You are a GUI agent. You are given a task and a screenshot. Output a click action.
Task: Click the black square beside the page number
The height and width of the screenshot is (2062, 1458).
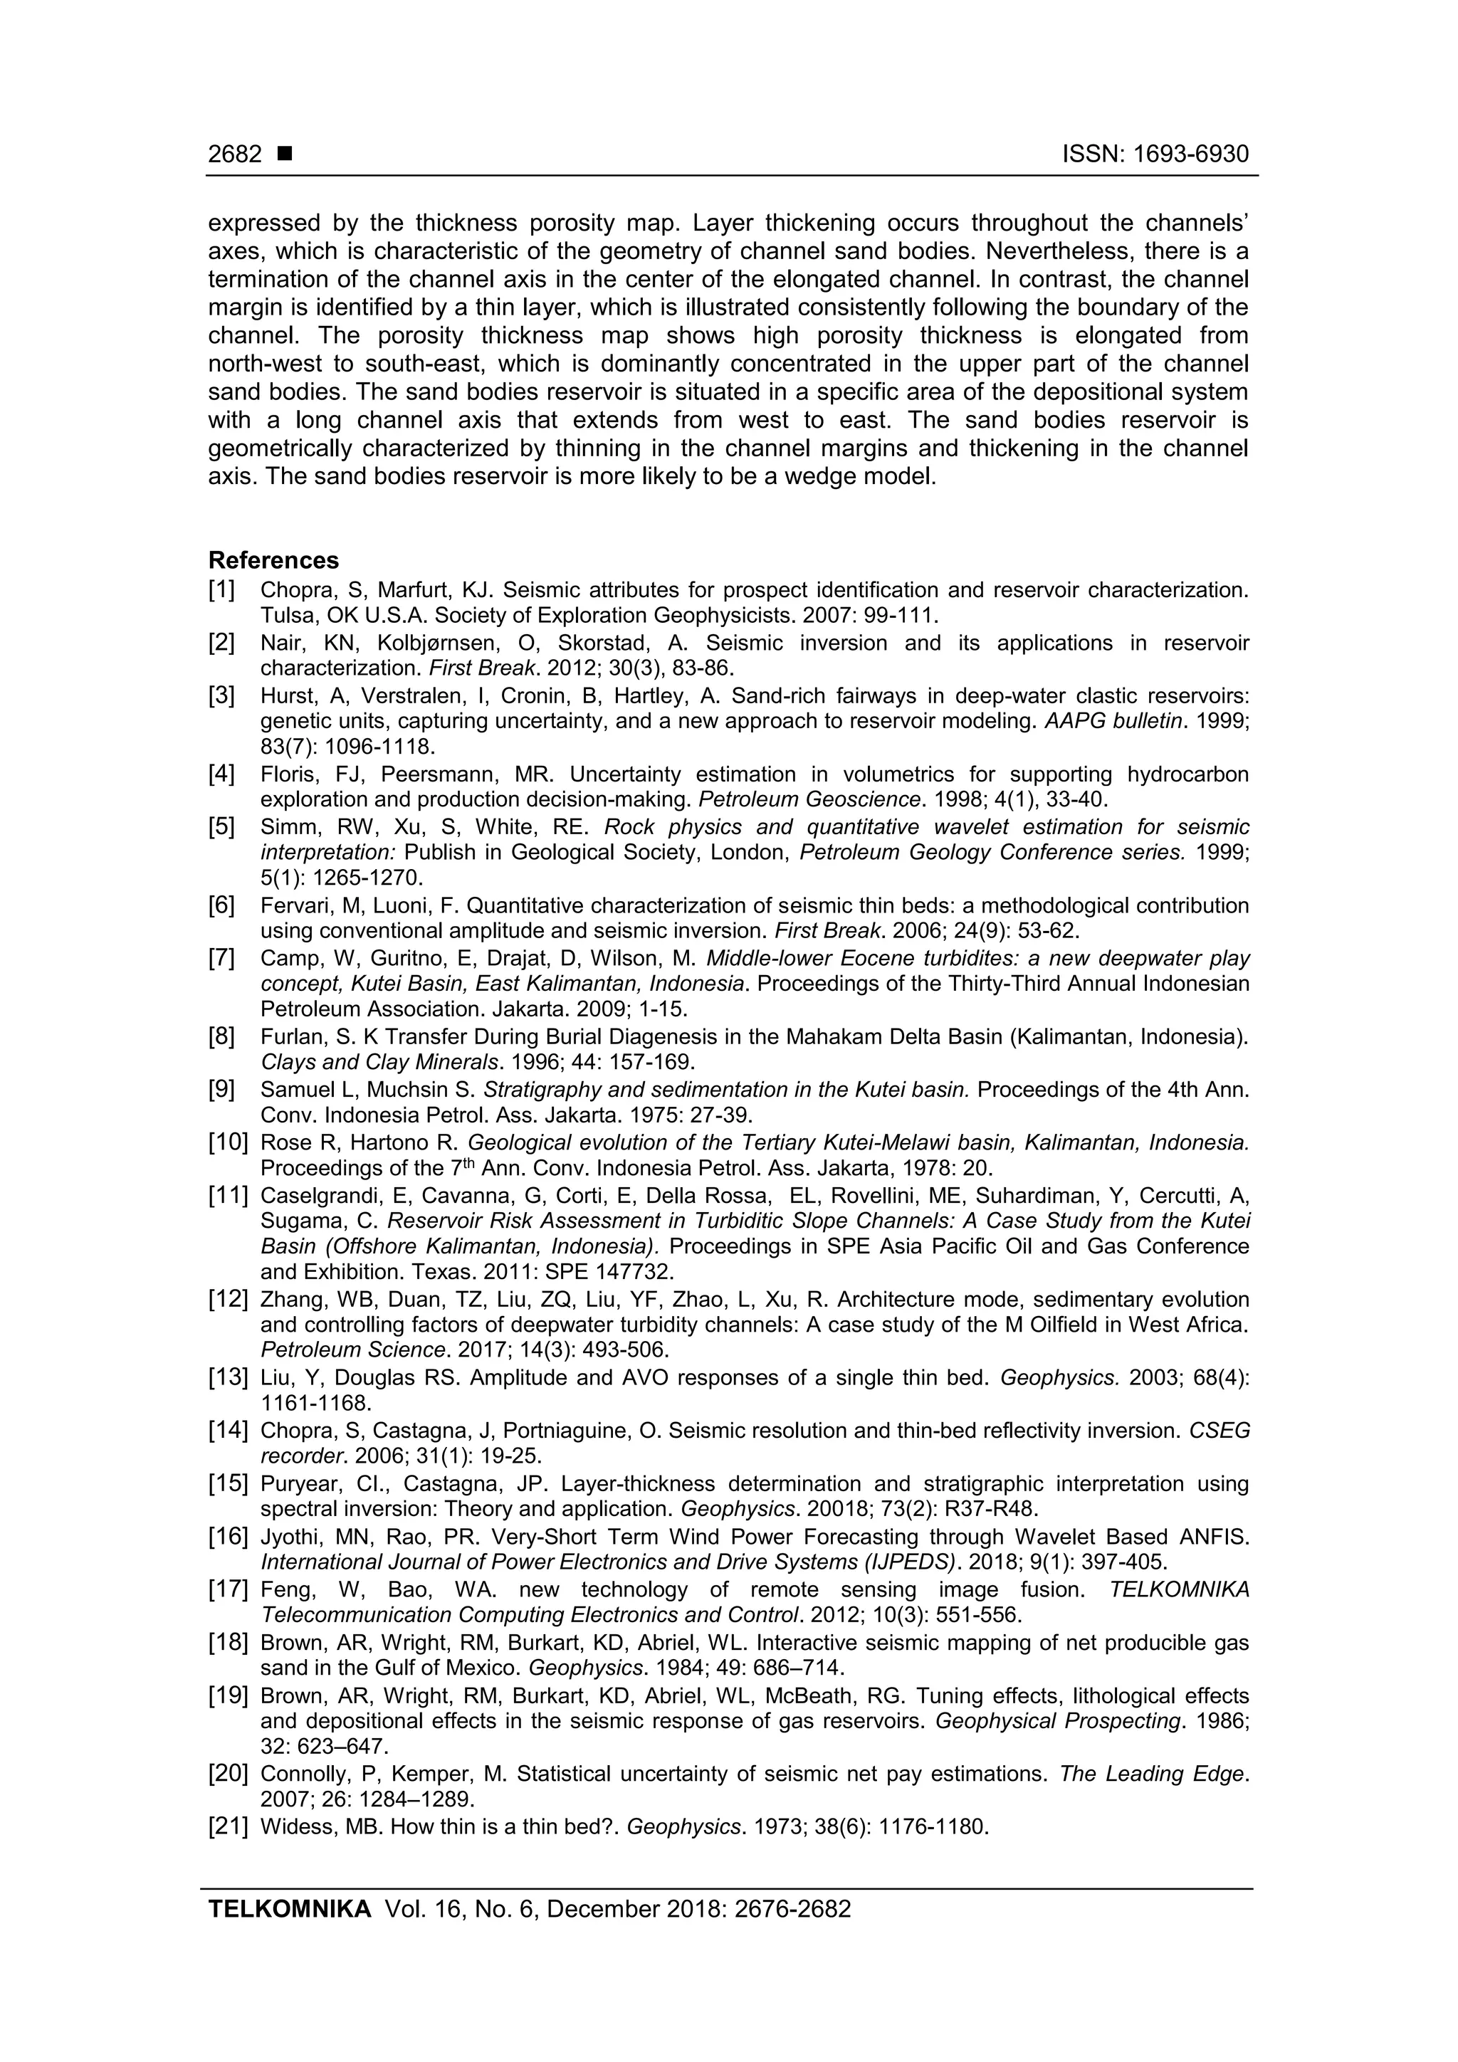click(x=285, y=154)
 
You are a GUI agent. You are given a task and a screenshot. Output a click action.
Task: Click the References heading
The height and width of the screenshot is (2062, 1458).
click(x=273, y=560)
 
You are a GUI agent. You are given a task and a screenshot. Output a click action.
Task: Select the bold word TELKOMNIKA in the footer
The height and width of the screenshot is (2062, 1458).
click(x=289, y=1908)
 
